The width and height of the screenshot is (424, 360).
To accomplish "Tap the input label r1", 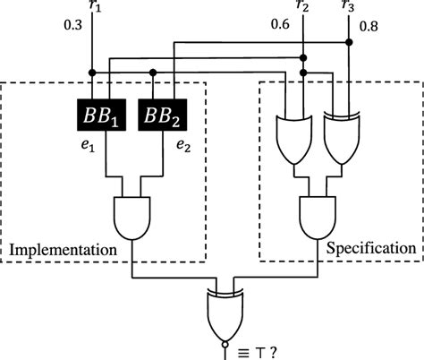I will (x=98, y=9).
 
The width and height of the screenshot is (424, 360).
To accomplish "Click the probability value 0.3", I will (x=74, y=28).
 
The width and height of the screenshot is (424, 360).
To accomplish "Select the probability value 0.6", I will (x=281, y=26).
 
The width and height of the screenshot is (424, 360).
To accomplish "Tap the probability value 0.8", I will (x=369, y=28).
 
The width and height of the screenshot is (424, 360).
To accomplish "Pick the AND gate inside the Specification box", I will (x=318, y=217).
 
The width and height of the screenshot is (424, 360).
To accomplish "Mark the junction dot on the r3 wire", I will (x=347, y=41).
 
